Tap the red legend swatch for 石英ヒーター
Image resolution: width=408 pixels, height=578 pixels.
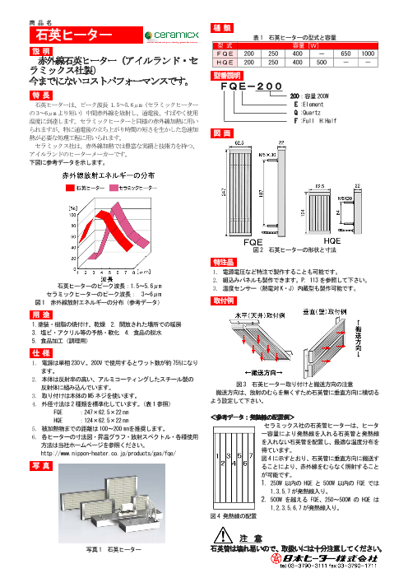(71, 188)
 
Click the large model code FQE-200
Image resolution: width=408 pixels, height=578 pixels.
(262, 85)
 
